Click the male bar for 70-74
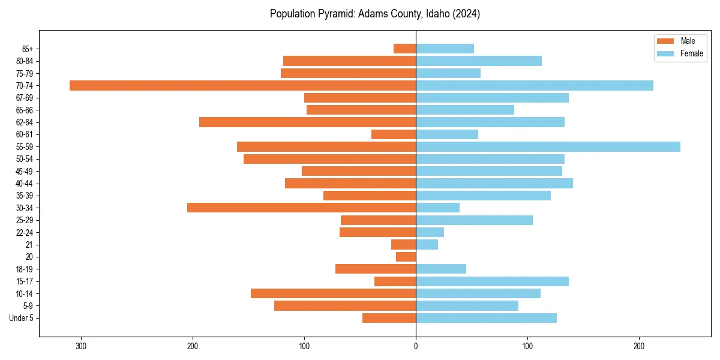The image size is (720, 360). click(242, 85)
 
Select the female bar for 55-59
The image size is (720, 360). click(548, 146)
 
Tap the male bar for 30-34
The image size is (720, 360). click(301, 208)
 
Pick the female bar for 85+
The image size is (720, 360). click(445, 49)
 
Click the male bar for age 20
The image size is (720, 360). click(406, 257)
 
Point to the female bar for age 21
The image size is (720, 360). click(427, 244)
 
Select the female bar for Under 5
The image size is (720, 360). click(486, 318)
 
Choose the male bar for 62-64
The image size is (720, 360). click(307, 122)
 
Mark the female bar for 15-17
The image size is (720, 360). click(492, 281)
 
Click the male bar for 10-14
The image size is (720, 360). click(333, 293)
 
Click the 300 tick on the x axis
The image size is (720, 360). click(81, 346)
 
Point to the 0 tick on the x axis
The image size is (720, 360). click(416, 346)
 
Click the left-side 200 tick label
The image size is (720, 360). click(193, 346)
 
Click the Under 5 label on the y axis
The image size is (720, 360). click(22, 318)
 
